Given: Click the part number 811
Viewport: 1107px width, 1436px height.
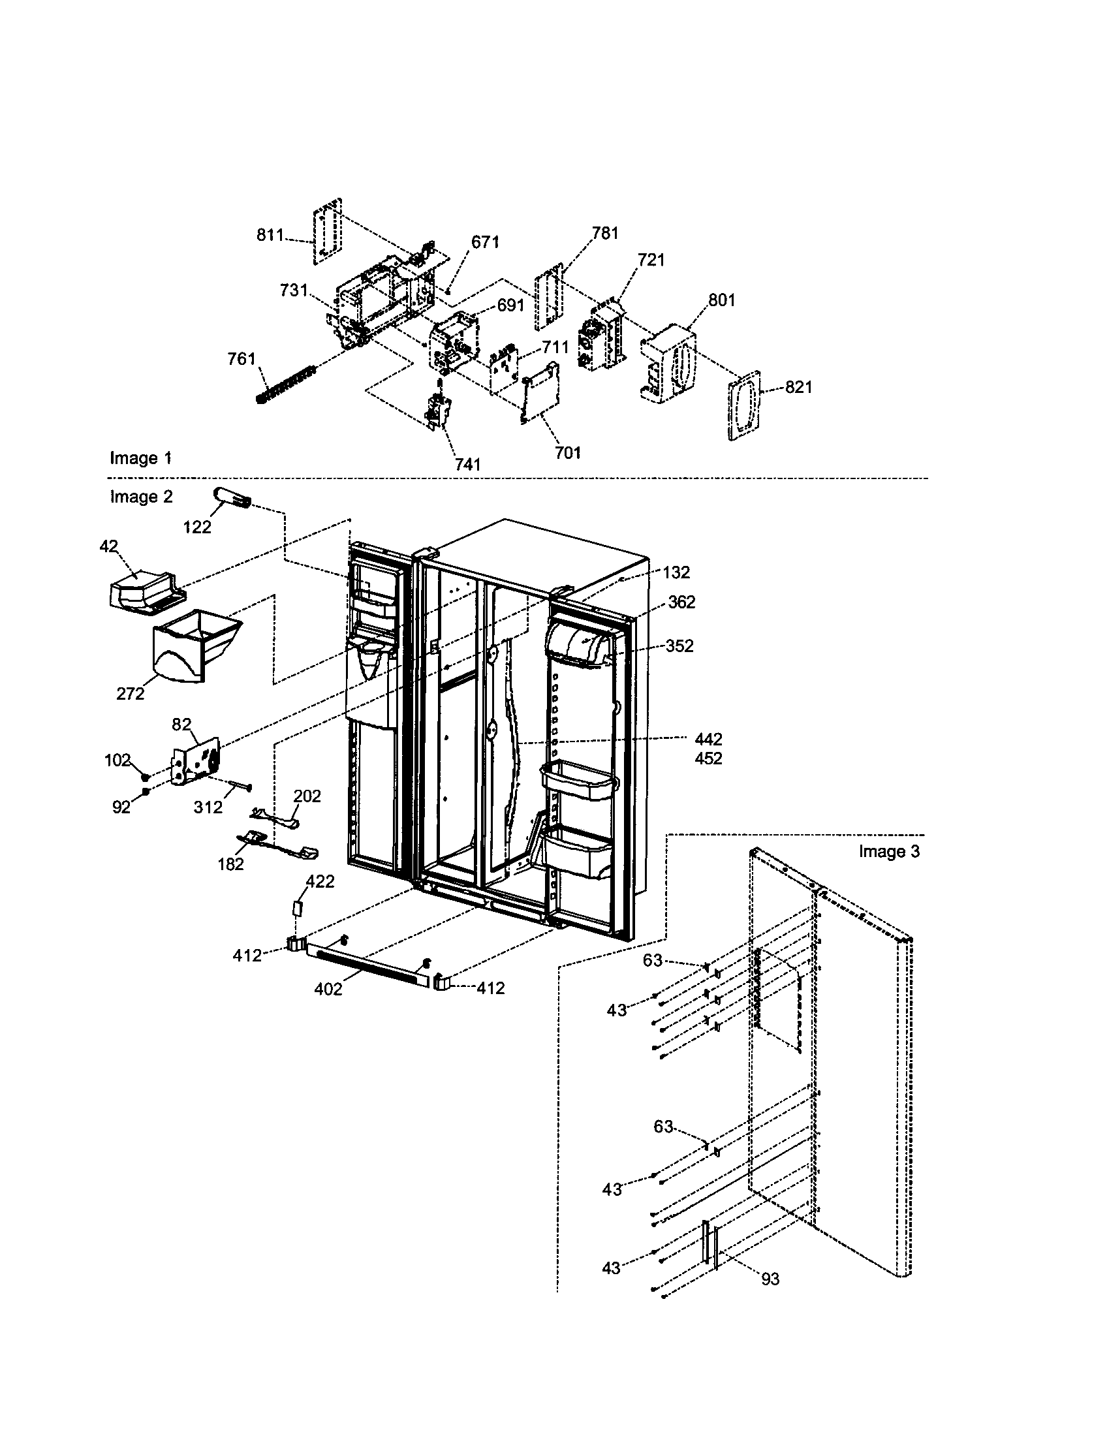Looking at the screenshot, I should coord(269,236).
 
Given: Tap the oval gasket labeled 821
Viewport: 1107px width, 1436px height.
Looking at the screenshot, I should coord(745,405).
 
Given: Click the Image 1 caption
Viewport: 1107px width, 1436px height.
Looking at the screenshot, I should coord(141,458).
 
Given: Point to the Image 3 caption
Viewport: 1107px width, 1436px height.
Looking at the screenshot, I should coord(889,851).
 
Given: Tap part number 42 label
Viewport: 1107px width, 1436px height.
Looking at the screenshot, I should coord(109,546).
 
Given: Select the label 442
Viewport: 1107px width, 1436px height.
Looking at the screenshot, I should coord(708,739).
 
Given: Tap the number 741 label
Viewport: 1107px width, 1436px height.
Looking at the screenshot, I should coord(468,464).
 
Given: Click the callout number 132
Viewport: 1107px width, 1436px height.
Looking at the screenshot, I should coord(676,572).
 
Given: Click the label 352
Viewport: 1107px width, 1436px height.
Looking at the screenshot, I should coord(679,646).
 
